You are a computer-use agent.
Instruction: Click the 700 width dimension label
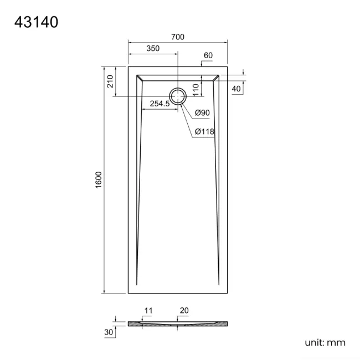click(x=178, y=37)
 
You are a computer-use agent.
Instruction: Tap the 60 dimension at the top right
click(x=208, y=55)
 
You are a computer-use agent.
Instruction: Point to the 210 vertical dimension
click(x=110, y=81)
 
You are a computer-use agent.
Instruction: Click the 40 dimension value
click(x=236, y=89)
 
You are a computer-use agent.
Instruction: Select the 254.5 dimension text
click(x=160, y=104)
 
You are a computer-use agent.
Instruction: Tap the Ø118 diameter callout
click(x=204, y=131)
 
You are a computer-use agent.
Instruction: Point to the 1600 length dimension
click(x=99, y=181)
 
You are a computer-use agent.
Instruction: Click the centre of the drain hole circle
click(x=178, y=96)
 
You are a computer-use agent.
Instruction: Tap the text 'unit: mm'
click(x=325, y=342)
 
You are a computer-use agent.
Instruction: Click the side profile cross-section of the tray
click(x=178, y=323)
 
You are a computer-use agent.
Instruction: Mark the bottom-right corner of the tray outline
click(x=228, y=294)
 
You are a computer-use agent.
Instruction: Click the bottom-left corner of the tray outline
click(x=128, y=294)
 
